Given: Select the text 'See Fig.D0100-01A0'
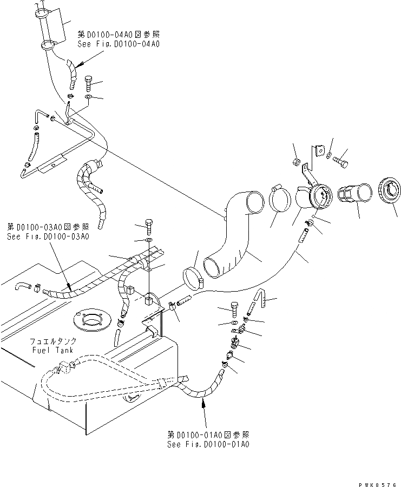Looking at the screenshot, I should point(208,444).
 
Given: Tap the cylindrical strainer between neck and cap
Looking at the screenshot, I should point(355,195).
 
